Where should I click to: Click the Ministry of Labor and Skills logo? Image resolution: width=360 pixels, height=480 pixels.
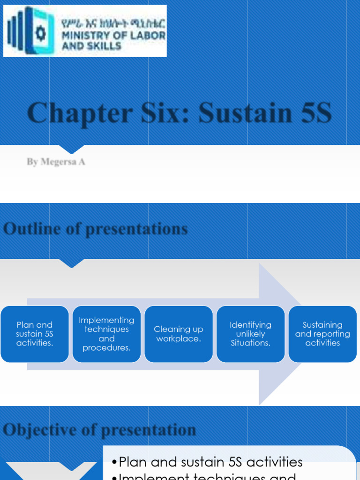(85, 31)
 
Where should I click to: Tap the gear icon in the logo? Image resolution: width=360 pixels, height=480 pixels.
(41, 32)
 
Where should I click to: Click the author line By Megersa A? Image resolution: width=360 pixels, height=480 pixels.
(56, 162)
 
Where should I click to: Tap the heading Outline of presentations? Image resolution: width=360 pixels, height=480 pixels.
(95, 229)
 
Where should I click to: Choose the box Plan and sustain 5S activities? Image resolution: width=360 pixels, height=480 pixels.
(35, 334)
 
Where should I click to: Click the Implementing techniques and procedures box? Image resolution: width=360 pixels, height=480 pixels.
(106, 334)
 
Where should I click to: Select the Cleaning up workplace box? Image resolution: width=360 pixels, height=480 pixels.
(179, 334)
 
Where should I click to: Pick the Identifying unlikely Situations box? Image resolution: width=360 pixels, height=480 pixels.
(250, 334)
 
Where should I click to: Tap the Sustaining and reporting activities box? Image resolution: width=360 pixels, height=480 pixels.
(322, 334)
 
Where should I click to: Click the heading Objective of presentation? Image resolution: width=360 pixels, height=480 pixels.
(99, 429)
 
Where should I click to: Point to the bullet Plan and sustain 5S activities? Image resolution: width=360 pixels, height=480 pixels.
(210, 462)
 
